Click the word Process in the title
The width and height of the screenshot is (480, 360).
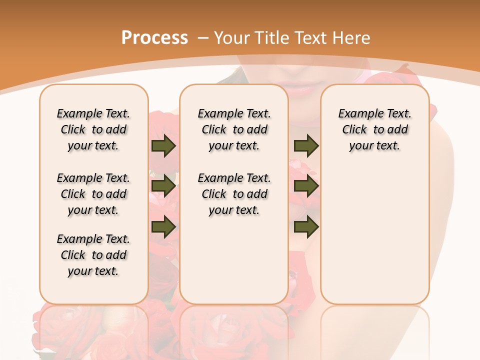(x=154, y=38)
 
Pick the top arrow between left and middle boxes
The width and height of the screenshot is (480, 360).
(x=163, y=146)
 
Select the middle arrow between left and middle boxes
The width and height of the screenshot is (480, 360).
(x=163, y=186)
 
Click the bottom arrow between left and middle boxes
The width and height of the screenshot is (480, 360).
(x=163, y=227)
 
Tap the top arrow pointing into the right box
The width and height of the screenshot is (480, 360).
(x=306, y=146)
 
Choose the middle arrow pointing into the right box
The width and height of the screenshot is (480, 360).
(x=306, y=186)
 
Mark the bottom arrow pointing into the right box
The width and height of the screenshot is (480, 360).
(x=306, y=227)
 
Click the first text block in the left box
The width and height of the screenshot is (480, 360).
(x=93, y=129)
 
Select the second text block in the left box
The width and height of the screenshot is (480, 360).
(x=93, y=194)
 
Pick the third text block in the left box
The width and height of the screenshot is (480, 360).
(x=93, y=255)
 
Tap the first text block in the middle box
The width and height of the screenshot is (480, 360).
(x=234, y=129)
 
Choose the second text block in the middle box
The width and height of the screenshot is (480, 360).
(x=234, y=194)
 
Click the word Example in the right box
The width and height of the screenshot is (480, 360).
(x=357, y=114)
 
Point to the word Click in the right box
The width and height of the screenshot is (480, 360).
(x=354, y=130)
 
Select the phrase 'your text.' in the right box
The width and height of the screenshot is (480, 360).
(x=374, y=146)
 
